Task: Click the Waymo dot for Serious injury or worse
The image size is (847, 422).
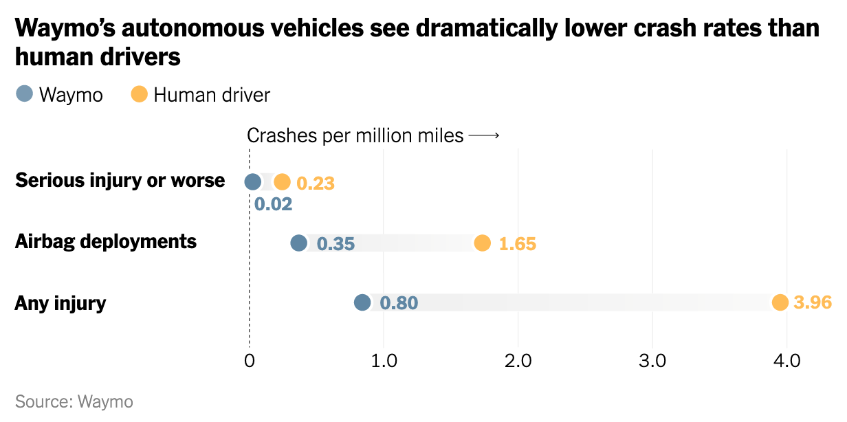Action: click(x=253, y=182)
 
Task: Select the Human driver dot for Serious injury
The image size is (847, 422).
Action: click(x=282, y=182)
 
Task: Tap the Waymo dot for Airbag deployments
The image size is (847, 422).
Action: click(x=298, y=243)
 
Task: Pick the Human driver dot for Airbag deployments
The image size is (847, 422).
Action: click(x=483, y=243)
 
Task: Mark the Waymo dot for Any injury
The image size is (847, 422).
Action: click(x=362, y=302)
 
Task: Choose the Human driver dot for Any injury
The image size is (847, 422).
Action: click(x=780, y=302)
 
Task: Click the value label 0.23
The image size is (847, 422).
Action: click(x=315, y=184)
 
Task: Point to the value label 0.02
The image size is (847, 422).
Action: click(x=273, y=204)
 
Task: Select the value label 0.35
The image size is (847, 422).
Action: click(x=335, y=244)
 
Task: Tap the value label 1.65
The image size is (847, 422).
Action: click(x=517, y=244)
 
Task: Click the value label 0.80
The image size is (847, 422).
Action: click(x=399, y=303)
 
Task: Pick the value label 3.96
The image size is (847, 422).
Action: click(x=813, y=303)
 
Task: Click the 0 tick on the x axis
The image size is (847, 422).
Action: click(x=249, y=361)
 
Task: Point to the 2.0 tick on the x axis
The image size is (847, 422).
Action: click(x=517, y=361)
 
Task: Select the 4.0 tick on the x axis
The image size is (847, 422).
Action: click(x=786, y=361)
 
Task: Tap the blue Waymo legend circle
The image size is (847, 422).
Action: click(x=24, y=93)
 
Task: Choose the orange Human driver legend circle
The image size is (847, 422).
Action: click(x=140, y=93)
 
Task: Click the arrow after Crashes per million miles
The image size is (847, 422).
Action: click(x=483, y=136)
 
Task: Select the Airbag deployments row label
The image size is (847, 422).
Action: click(x=106, y=242)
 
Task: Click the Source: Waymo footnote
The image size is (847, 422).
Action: click(x=74, y=401)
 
